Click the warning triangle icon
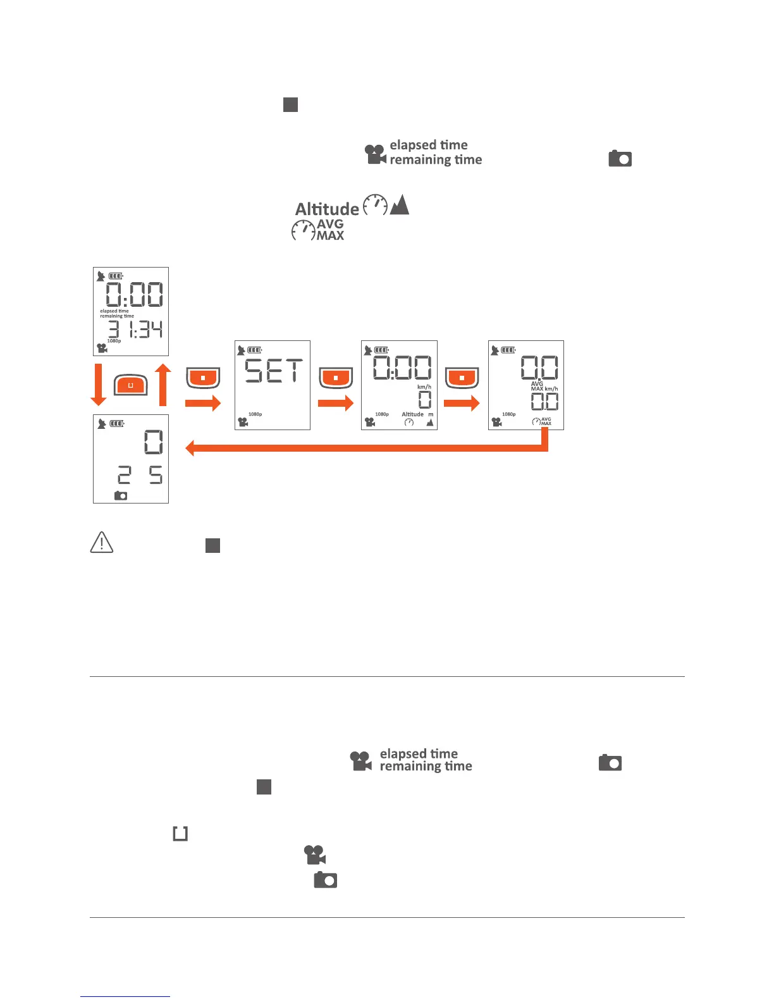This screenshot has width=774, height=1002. click(102, 543)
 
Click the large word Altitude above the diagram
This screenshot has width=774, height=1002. click(327, 209)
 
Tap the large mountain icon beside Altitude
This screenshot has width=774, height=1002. click(400, 204)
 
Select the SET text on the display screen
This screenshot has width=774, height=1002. click(274, 371)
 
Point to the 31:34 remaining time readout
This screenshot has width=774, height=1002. click(135, 330)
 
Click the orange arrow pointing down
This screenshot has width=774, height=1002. click(99, 384)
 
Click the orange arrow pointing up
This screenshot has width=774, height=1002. click(163, 384)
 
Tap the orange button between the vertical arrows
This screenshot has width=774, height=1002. click(131, 385)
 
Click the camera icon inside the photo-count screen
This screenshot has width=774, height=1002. click(121, 496)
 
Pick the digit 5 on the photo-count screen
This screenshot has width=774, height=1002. click(155, 475)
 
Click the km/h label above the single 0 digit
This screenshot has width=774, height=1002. click(424, 387)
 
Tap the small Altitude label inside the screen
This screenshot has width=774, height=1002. click(412, 414)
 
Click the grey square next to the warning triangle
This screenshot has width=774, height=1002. click(212, 546)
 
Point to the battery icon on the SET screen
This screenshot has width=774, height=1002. click(255, 350)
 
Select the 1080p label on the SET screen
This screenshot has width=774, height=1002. click(255, 414)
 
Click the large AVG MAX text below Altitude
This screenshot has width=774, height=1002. click(330, 230)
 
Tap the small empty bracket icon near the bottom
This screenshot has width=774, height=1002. click(180, 834)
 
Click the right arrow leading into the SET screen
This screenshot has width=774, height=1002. click(203, 403)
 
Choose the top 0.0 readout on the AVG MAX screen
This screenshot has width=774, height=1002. click(539, 368)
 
